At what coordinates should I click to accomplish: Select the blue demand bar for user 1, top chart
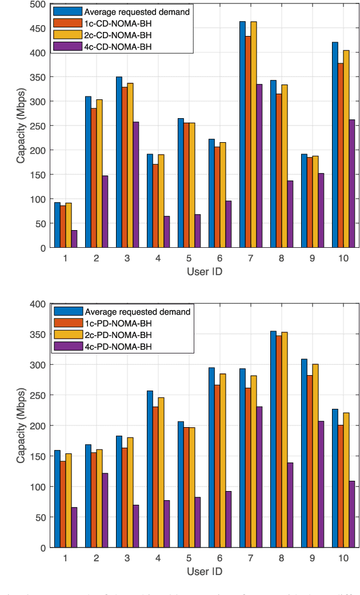pyautogui.click(x=57, y=225)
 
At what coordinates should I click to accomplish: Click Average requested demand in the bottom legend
pyautogui.click(x=137, y=311)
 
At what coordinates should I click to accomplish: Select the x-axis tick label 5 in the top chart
pyautogui.click(x=158, y=258)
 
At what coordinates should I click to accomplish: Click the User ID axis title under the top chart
pyautogui.click(x=204, y=271)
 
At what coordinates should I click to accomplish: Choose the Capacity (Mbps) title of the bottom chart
pyautogui.click(x=20, y=425)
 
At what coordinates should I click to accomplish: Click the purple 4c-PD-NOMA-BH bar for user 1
pyautogui.click(x=74, y=527)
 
